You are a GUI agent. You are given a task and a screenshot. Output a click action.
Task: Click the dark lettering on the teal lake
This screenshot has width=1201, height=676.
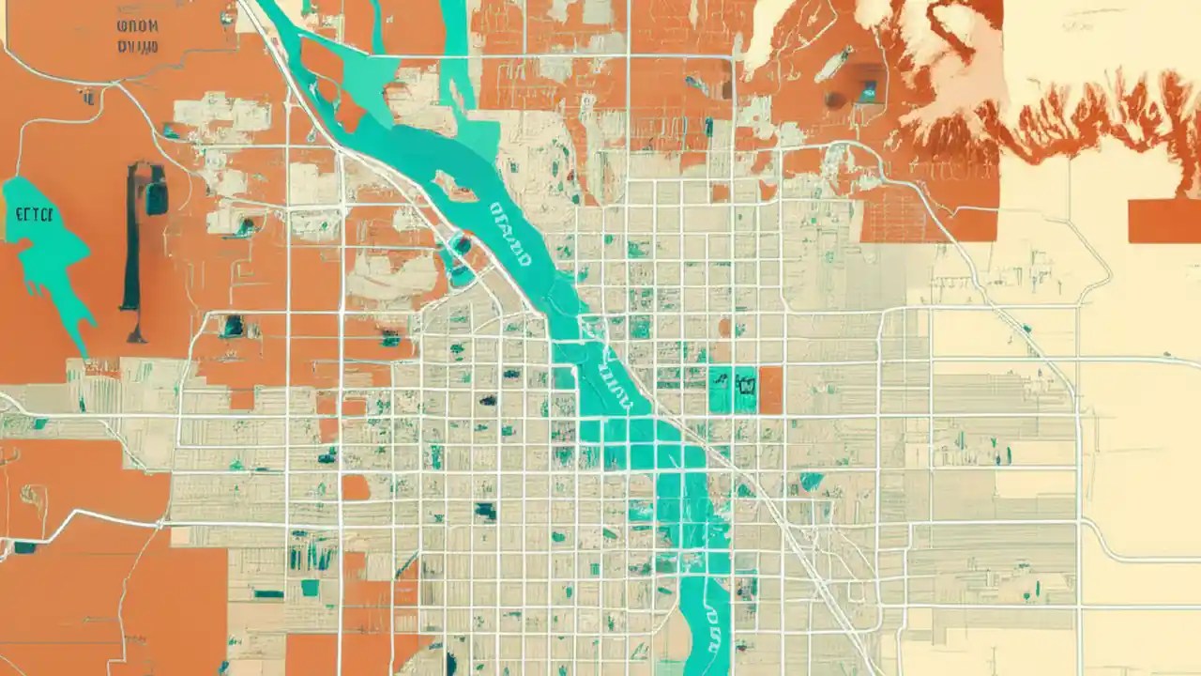coord(37,212)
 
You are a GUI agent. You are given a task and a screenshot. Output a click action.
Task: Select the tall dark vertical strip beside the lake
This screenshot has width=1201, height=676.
coord(130,244)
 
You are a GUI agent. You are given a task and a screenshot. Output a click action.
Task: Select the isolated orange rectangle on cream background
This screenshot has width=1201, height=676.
coord(1163,221)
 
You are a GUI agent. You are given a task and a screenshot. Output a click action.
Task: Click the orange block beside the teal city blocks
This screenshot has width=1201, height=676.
coord(769,390)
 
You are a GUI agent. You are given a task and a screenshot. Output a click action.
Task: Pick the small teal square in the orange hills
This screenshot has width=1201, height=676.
coord(868,91)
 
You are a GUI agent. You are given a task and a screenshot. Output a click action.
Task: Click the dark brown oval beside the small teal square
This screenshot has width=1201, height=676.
coord(835,99)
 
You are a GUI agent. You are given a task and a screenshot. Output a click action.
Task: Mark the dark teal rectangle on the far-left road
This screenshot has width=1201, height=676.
coord(24,546)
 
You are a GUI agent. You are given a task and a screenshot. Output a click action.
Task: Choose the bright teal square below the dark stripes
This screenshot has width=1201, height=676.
coord(310,588)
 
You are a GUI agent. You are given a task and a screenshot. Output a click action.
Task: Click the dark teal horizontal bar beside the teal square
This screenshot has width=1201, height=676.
coord(268,593)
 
